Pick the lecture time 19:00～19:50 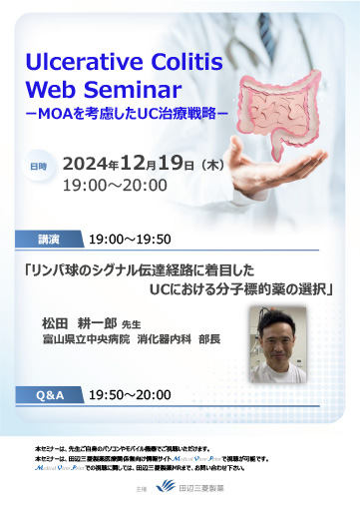[131, 241]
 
